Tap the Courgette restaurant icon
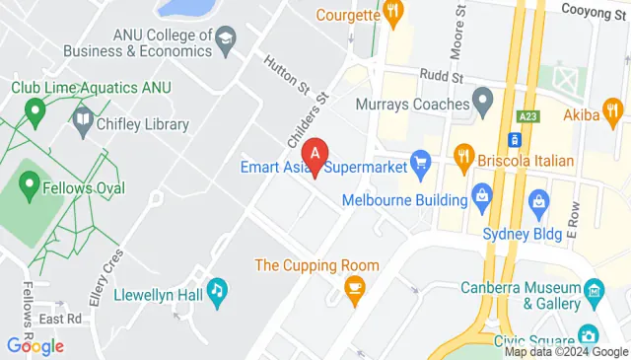[x=393, y=14]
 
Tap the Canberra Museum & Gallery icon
[x=594, y=290]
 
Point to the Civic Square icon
[x=588, y=335]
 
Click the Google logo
[x=35, y=345]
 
